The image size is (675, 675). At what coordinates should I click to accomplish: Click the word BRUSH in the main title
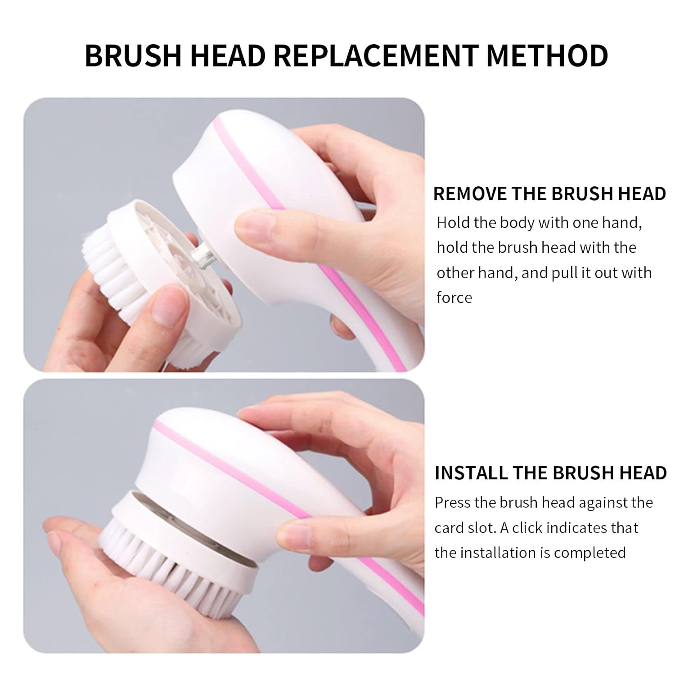(x=133, y=56)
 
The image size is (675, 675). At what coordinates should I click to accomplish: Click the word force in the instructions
(x=454, y=297)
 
